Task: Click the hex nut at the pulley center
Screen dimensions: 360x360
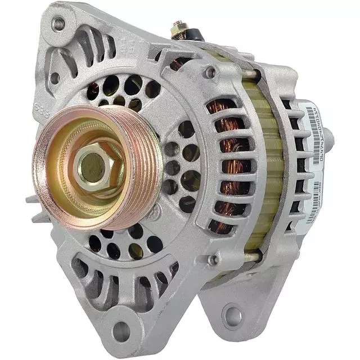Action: [91, 167]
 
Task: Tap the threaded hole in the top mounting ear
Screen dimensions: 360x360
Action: [58, 24]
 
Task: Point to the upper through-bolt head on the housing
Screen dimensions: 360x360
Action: [210, 72]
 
